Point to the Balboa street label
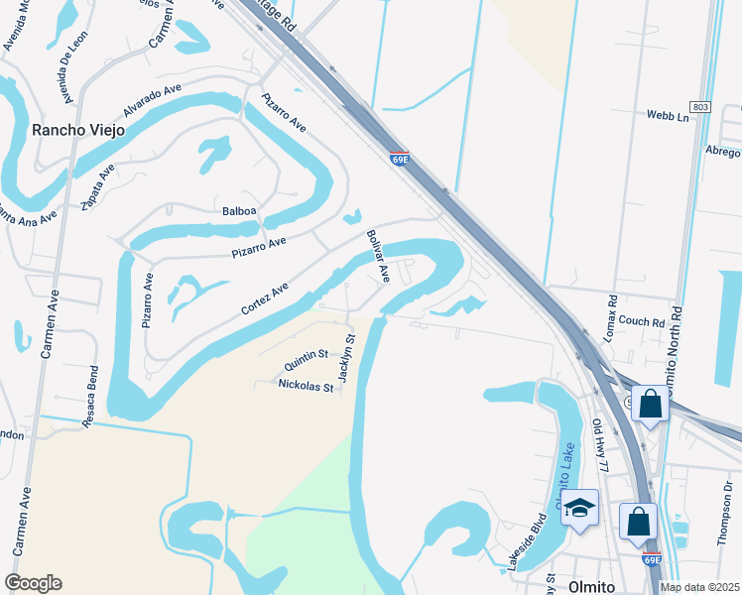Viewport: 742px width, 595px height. coord(239,210)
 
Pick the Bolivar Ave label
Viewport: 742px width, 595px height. coord(378,257)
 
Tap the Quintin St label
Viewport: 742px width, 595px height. coord(306,354)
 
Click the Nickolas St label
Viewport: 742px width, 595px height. coord(306,385)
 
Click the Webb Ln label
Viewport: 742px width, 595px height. coord(668,116)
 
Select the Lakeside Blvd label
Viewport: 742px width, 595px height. coord(526,541)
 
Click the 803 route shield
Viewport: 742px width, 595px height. coord(701,106)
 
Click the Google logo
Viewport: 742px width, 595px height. coord(33,583)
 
